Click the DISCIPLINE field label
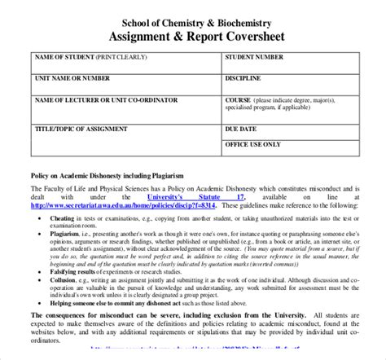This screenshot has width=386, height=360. click(x=244, y=79)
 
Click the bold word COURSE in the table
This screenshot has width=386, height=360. click(x=239, y=100)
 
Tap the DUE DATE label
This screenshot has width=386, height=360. click(x=241, y=129)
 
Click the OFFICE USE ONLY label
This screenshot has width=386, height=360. click(x=253, y=143)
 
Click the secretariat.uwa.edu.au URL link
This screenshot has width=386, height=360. click(x=125, y=206)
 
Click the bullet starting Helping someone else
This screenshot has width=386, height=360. click(x=122, y=301)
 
